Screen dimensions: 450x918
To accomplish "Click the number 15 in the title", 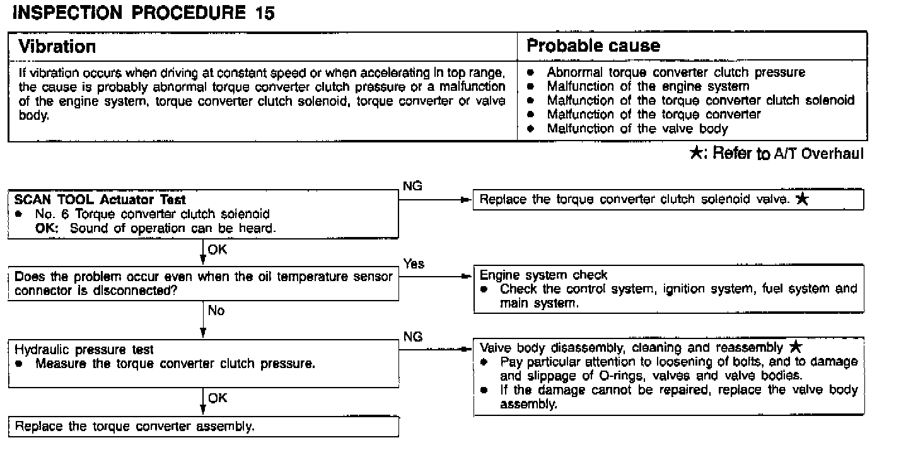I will coord(265,14).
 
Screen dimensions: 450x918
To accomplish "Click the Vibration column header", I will coord(57,46).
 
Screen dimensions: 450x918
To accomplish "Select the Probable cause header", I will coord(593,46).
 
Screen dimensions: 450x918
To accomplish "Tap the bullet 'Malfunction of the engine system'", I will coord(648,86).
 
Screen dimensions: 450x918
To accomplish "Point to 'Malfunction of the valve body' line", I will coord(637,129).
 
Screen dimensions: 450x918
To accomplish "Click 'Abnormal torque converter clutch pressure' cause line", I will coord(676,72).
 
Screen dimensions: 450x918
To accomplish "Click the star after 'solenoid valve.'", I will coord(801,200).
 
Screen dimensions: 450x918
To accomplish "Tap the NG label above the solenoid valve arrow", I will coord(412,186).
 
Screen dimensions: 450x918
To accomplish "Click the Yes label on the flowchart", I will coord(414,264).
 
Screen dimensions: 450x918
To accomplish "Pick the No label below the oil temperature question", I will coord(216,311).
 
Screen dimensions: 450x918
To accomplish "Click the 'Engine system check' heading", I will coord(543,275).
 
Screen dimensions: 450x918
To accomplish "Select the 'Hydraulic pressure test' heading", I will coord(84,350).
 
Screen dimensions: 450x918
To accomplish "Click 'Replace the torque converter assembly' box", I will coord(135,426).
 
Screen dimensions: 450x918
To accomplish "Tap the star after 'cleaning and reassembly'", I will coord(796,347).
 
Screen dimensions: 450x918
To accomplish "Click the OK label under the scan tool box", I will coord(217,249).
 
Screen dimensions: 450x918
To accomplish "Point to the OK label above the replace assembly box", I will coord(218,398).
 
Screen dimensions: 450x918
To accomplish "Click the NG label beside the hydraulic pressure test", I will coord(412,337).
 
